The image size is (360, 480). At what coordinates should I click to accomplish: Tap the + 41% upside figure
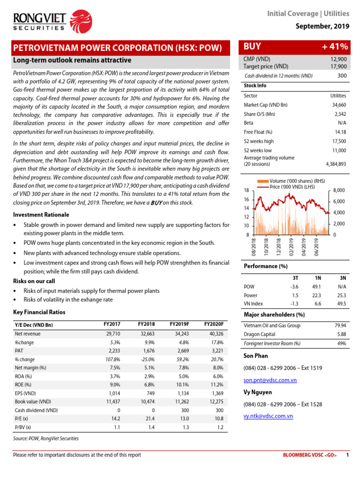335,46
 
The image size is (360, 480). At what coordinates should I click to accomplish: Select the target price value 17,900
338,67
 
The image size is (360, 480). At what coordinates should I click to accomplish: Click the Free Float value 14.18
339,132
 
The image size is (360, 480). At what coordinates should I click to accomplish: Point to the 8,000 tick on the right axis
339,190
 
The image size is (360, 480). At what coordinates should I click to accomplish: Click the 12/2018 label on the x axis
278,247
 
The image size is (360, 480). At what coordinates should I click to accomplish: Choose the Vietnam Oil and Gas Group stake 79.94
340,326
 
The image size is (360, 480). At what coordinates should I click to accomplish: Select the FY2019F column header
179,324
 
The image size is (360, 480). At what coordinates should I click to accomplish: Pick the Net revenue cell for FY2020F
214,334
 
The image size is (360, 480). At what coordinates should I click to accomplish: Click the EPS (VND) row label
26,393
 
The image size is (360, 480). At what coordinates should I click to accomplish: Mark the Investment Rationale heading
41,215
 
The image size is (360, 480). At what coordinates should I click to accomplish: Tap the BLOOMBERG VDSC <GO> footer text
310,455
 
